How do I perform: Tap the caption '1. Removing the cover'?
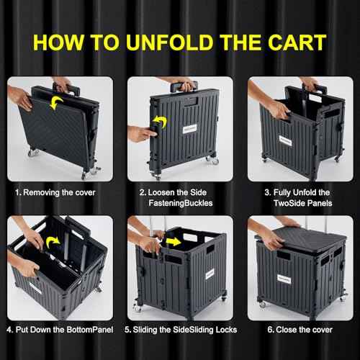pyautogui.click(x=55, y=193)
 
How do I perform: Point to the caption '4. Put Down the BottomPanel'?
pyautogui.click(x=57, y=330)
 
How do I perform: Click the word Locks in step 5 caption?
pyautogui.click(x=213, y=330)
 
